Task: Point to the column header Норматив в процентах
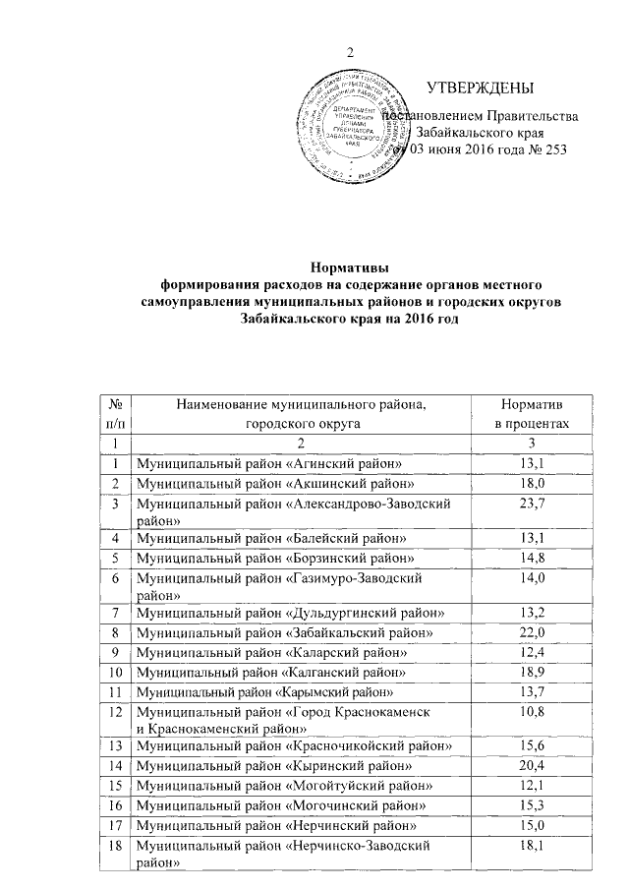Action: (532, 414)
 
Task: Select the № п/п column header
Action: (117, 414)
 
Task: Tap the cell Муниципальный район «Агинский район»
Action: (271, 463)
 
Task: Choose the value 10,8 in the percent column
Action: (532, 711)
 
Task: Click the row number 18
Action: (117, 846)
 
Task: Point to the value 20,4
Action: (532, 765)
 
